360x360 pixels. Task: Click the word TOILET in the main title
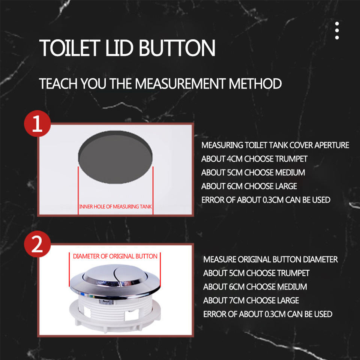pyautogui.click(x=70, y=48)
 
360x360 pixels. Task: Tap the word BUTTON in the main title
pyautogui.click(x=177, y=48)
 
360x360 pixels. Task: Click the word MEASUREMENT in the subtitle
pyautogui.click(x=180, y=83)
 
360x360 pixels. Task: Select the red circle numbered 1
pyautogui.click(x=37, y=123)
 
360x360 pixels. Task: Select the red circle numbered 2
pyautogui.click(x=37, y=244)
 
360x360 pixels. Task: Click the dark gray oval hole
pyautogui.click(x=115, y=157)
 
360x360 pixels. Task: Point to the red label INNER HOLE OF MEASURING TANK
pyautogui.click(x=115, y=207)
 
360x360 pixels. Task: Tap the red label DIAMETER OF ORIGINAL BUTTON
pyautogui.click(x=115, y=256)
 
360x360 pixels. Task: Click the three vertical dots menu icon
pyautogui.click(x=337, y=30)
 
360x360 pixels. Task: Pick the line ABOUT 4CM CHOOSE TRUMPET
pyautogui.click(x=254, y=159)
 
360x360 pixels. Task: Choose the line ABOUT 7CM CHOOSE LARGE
pyautogui.click(x=251, y=300)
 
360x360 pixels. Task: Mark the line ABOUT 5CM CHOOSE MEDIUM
pyautogui.click(x=253, y=172)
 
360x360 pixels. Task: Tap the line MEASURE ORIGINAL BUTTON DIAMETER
pyautogui.click(x=270, y=259)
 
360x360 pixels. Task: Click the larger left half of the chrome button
pyautogui.click(x=99, y=274)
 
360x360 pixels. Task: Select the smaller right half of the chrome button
pyautogui.click(x=131, y=274)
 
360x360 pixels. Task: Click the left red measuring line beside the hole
pyautogui.click(x=78, y=190)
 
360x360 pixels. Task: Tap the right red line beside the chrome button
pyautogui.click(x=160, y=270)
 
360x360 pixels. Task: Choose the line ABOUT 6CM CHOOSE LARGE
pyautogui.click(x=249, y=186)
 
